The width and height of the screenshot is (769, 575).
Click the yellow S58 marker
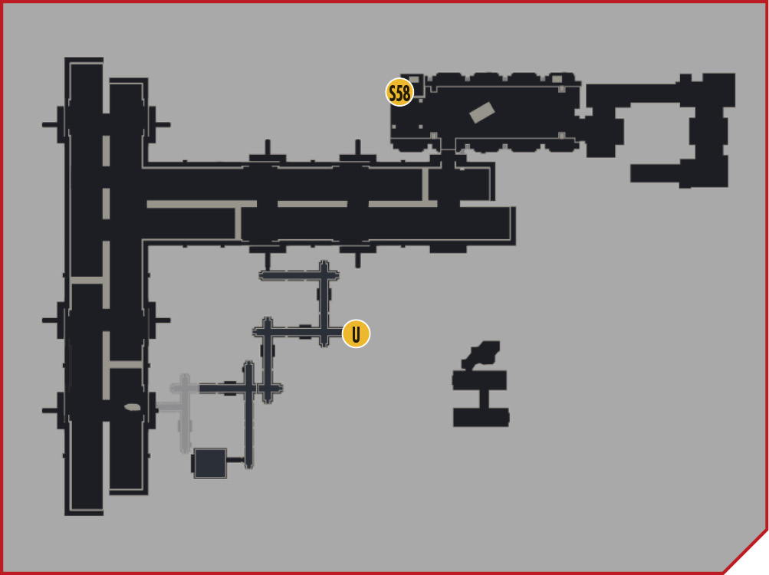(399, 92)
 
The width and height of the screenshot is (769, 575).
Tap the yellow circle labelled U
(356, 333)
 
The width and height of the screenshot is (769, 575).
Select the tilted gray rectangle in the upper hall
(482, 113)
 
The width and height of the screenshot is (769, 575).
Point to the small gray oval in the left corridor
(133, 407)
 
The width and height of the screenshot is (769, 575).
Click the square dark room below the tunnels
(210, 463)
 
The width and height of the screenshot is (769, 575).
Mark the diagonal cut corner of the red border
(745, 551)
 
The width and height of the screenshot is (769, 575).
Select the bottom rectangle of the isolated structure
(481, 418)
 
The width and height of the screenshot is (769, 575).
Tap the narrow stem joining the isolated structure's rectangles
(484, 399)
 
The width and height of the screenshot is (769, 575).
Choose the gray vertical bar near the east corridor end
(426, 185)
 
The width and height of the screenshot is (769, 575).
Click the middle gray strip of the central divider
(312, 204)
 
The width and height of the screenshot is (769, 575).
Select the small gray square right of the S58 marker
(415, 80)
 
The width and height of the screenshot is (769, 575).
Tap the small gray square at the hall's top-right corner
(557, 79)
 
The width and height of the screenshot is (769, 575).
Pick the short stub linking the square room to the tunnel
(235, 460)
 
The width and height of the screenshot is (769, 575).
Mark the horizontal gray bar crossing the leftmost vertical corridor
(87, 280)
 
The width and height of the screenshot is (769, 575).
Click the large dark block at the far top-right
(719, 90)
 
